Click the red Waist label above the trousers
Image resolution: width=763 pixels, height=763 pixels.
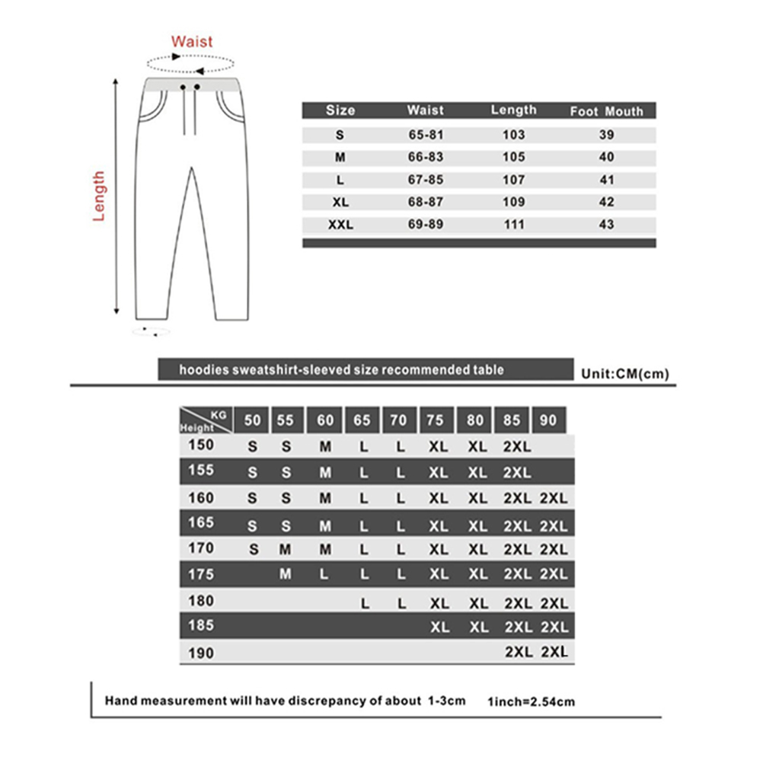[x=192, y=41]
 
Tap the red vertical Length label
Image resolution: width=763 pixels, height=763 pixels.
[x=99, y=196]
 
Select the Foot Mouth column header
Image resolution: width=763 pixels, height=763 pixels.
[x=606, y=111]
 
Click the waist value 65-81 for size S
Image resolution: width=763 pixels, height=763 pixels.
[x=425, y=136]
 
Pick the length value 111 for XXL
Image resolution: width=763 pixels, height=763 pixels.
[x=514, y=225]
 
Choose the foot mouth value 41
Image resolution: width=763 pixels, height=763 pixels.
[x=606, y=180]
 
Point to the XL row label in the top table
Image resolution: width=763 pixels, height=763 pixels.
[x=340, y=203]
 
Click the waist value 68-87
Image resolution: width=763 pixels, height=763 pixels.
[x=425, y=203]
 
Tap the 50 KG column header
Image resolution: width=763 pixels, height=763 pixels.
[x=252, y=420]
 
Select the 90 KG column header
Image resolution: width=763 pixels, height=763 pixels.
[x=548, y=420]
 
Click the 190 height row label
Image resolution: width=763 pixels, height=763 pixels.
[x=200, y=653]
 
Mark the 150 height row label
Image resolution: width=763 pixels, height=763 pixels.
[x=200, y=445]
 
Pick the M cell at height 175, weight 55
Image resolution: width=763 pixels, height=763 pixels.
[x=286, y=574]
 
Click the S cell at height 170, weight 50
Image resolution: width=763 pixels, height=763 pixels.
[x=253, y=549]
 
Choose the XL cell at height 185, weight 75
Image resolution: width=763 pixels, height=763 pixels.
[x=439, y=627]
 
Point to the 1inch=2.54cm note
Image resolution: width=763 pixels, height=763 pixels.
[x=531, y=701]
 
